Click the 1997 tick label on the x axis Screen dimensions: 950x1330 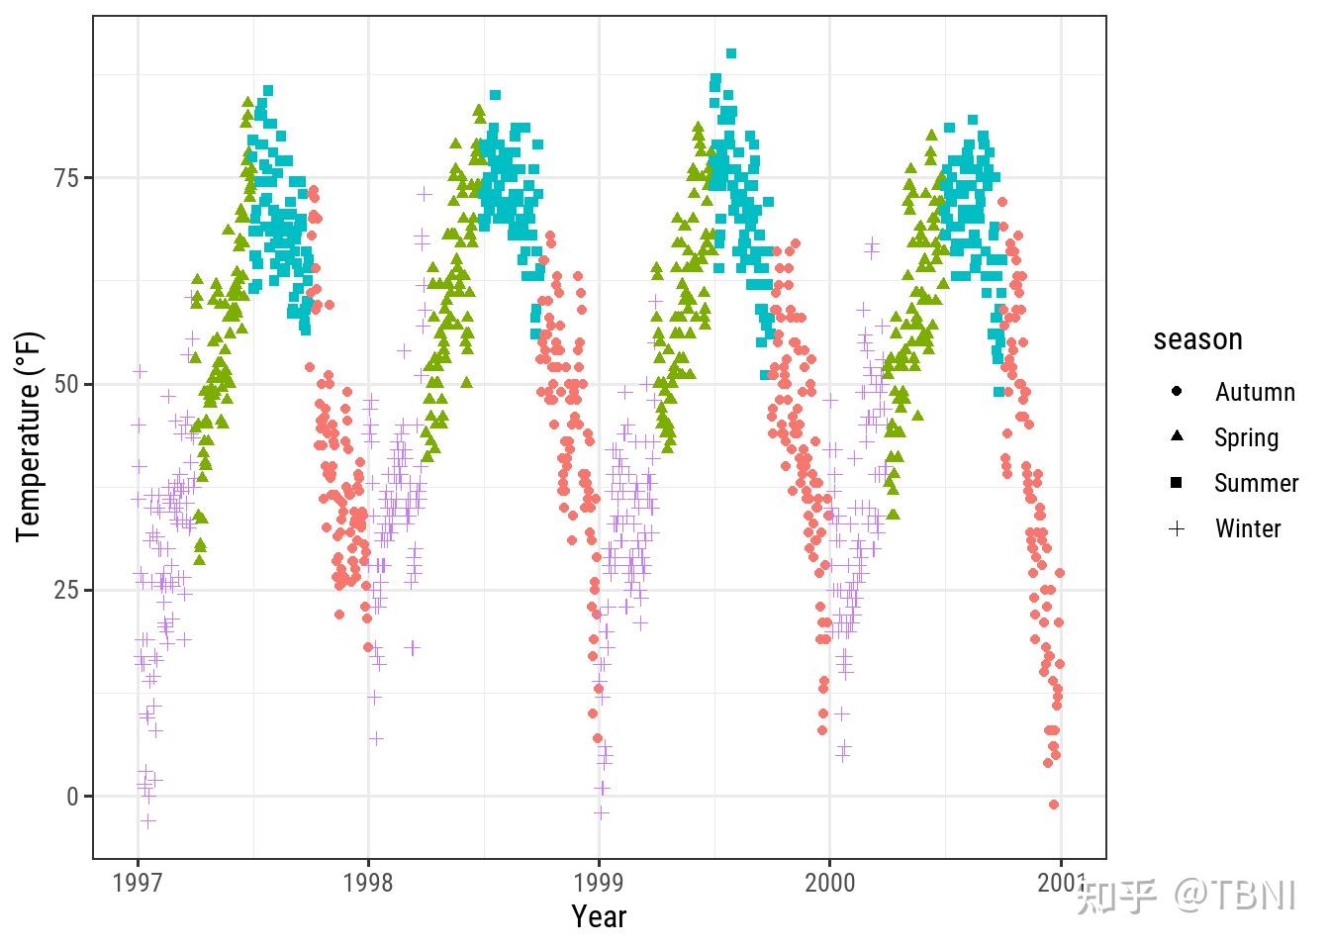pyautogui.click(x=138, y=883)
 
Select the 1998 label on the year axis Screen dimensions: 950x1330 pyautogui.click(x=368, y=883)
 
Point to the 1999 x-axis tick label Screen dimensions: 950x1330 pyautogui.click(x=599, y=883)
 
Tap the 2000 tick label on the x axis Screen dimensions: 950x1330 pyautogui.click(x=829, y=883)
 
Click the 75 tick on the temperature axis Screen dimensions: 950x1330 pyautogui.click(x=67, y=178)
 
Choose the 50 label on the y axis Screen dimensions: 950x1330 pyautogui.click(x=67, y=384)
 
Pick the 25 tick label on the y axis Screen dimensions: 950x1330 pyautogui.click(x=67, y=591)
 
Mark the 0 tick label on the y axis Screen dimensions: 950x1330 pyautogui.click(x=74, y=797)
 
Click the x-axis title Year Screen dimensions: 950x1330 pyautogui.click(x=599, y=917)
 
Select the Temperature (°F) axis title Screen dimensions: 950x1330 pyautogui.click(x=30, y=436)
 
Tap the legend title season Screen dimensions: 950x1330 pyautogui.click(x=1197, y=339)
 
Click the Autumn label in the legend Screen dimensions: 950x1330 pyautogui.click(x=1255, y=392)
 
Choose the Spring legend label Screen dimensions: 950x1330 pyautogui.click(x=1246, y=437)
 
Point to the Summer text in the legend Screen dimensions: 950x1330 pyautogui.click(x=1256, y=483)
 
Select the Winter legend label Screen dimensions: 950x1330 pyautogui.click(x=1248, y=528)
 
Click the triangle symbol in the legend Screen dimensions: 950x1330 pyautogui.click(x=1177, y=436)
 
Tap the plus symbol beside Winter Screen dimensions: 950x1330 pyautogui.click(x=1177, y=528)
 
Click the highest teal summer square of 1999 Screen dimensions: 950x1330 pyautogui.click(x=731, y=53)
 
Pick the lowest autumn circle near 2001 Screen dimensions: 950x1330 pyautogui.click(x=1054, y=805)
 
